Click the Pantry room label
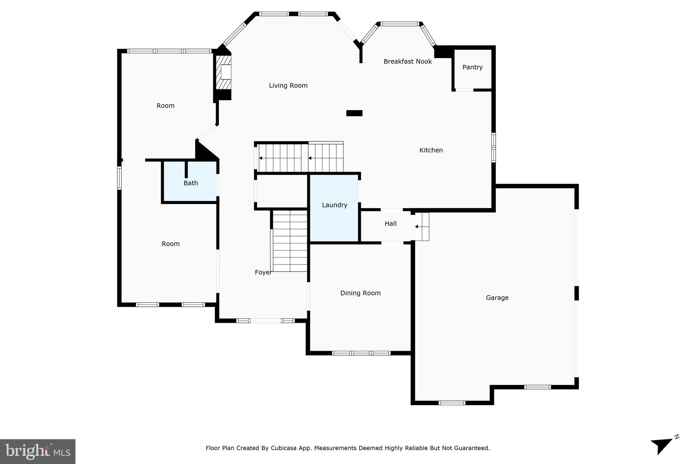(472, 67)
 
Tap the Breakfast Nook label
(407, 62)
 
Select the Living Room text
(288, 86)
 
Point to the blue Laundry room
(334, 218)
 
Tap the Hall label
(390, 224)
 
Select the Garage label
(497, 298)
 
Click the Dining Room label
(360, 293)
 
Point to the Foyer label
(263, 273)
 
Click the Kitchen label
(431, 150)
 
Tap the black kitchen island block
(354, 113)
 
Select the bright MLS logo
(38, 451)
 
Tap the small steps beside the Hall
(422, 227)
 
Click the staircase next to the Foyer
(290, 241)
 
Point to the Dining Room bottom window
(361, 353)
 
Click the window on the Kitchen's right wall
(493, 147)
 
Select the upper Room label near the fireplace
(166, 106)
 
